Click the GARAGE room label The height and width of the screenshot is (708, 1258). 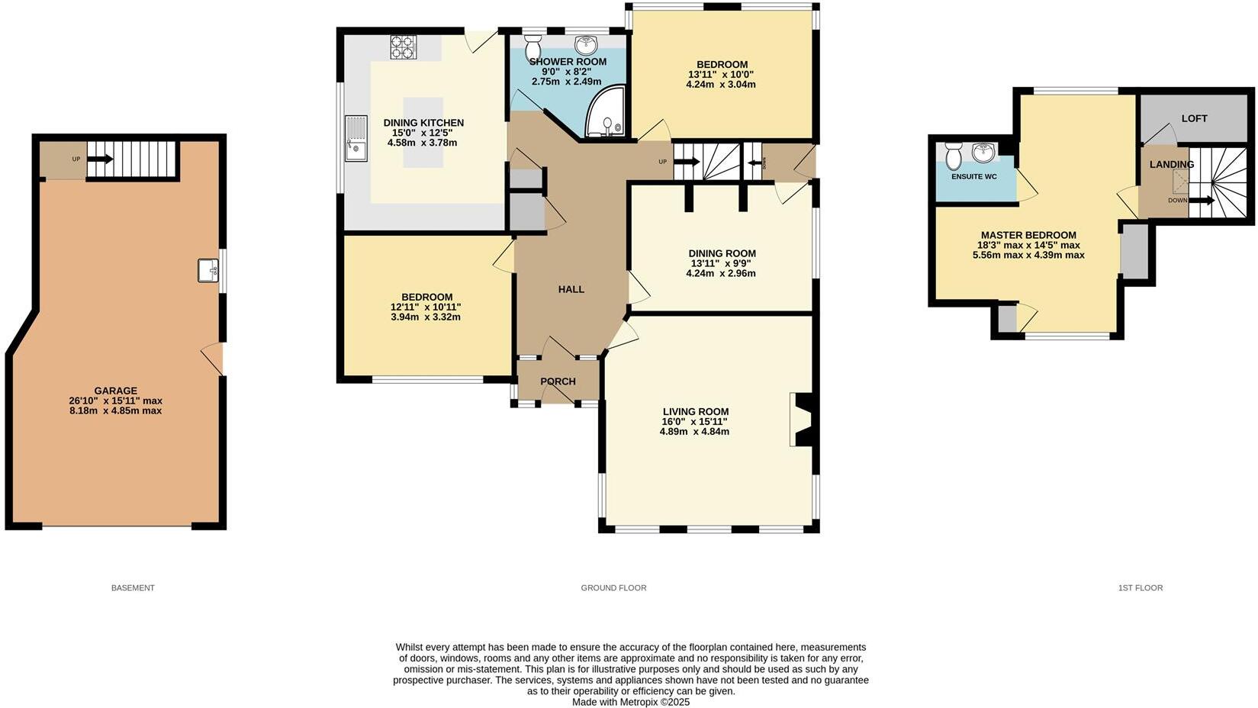(x=116, y=390)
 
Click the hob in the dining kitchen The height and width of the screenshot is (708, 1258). (x=403, y=47)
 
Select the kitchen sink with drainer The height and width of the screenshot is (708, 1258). (x=356, y=138)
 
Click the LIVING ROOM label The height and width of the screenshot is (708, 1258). (x=695, y=411)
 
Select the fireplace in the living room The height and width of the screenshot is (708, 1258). (x=801, y=420)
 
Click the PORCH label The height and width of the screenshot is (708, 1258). (x=558, y=381)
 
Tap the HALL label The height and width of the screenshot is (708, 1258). (x=571, y=289)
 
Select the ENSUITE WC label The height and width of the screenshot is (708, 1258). (x=973, y=176)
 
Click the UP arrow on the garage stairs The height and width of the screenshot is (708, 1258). (x=100, y=159)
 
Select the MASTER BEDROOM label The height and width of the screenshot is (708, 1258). (x=1028, y=235)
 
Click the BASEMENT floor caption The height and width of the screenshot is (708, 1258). (x=133, y=587)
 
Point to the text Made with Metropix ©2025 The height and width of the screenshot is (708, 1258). (x=630, y=702)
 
